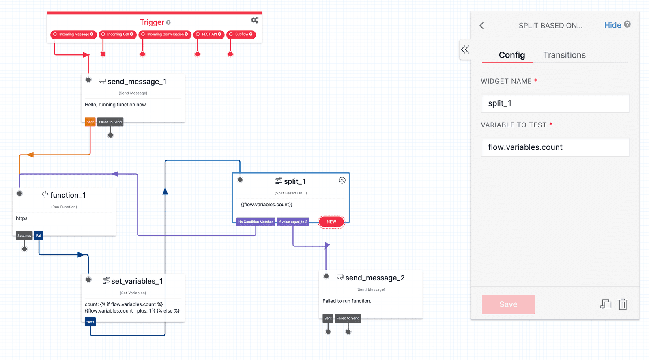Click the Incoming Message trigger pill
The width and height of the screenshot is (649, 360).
click(73, 34)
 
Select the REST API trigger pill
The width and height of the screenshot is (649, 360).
click(208, 34)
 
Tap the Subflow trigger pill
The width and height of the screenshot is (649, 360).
click(241, 34)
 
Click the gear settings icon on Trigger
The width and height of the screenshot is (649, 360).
click(255, 20)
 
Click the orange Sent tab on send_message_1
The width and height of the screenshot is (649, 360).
click(90, 122)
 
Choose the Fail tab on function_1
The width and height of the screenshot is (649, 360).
click(39, 235)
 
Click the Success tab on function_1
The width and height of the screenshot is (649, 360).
click(24, 235)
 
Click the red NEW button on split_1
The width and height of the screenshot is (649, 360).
click(331, 222)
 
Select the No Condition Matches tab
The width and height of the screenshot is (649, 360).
click(256, 222)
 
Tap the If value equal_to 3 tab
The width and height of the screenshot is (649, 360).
click(293, 222)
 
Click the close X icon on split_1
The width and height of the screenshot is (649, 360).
click(342, 180)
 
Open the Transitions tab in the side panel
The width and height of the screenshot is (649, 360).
click(564, 55)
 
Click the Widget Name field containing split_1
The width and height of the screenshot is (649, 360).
click(554, 103)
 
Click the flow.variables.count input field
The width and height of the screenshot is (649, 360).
click(554, 147)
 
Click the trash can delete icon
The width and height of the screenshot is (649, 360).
click(623, 304)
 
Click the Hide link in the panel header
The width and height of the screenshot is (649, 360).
click(612, 25)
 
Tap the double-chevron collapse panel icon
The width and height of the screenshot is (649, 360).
click(465, 50)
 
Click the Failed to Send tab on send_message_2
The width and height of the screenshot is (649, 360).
click(348, 318)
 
